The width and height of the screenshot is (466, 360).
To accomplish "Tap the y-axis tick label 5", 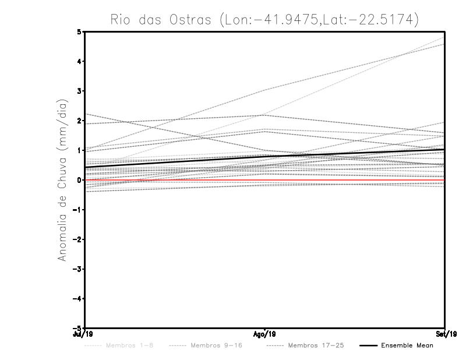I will pyautogui.click(x=79, y=31).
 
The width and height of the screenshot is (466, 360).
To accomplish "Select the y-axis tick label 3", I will pyautogui.click(x=79, y=91).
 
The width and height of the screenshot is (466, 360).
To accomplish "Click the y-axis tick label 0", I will pyautogui.click(x=79, y=180).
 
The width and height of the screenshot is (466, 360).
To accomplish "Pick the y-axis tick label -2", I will pyautogui.click(x=77, y=239).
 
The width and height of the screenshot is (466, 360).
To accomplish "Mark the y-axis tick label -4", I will pyautogui.click(x=77, y=298).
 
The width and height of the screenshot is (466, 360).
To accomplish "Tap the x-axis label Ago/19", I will pyautogui.click(x=265, y=334).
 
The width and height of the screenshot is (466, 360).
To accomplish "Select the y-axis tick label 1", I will pyautogui.click(x=79, y=150).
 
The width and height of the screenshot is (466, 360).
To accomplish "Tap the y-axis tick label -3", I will pyautogui.click(x=77, y=269).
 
